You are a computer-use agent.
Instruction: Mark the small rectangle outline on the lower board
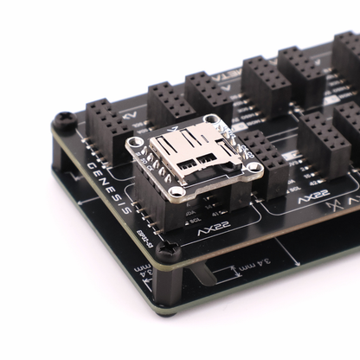pos(228,278)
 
